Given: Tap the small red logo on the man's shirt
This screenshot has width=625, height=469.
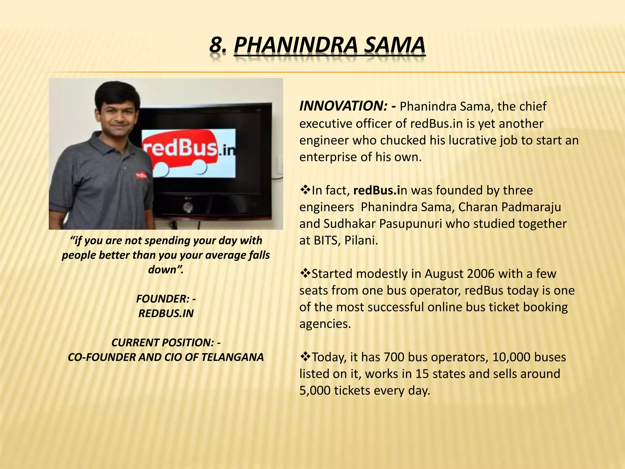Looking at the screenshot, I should pyautogui.click(x=141, y=176).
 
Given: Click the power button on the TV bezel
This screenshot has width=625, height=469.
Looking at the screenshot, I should pyautogui.click(x=187, y=208).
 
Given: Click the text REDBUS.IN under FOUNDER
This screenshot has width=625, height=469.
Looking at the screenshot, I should pyautogui.click(x=166, y=314).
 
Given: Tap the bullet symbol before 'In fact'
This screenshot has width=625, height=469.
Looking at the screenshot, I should pyautogui.click(x=305, y=190).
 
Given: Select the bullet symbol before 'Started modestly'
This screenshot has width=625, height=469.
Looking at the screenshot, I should pyautogui.click(x=305, y=273).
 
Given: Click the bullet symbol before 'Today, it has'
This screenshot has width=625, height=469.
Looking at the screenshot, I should pyautogui.click(x=305, y=357).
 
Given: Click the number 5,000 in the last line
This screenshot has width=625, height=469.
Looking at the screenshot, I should pyautogui.click(x=315, y=391).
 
